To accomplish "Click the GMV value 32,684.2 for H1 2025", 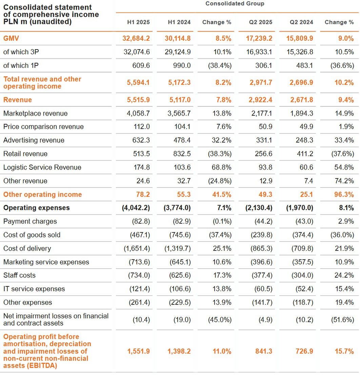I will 136,38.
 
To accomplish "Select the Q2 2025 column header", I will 260,22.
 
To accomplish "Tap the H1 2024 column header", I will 179,22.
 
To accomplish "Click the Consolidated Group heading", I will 235,4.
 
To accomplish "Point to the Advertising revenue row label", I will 34,140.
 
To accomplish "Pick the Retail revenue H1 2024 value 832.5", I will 182,154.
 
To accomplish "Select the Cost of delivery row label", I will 27,248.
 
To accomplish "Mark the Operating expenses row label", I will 36,208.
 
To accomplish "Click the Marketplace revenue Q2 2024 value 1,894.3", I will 301,113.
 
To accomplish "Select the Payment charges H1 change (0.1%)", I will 220,221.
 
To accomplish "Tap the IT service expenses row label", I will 34,289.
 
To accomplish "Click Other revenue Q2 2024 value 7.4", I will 308,181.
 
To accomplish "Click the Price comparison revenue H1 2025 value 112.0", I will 141,127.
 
